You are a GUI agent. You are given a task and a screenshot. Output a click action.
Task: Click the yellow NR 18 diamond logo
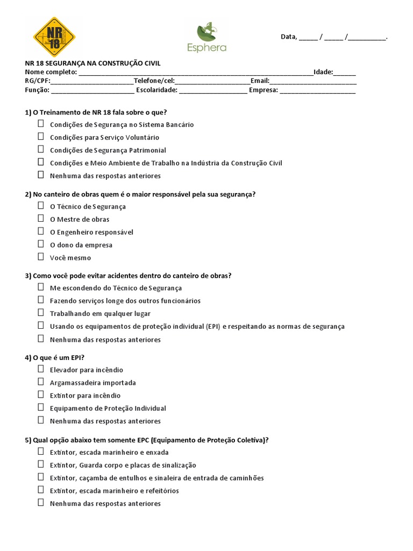coord(54,37)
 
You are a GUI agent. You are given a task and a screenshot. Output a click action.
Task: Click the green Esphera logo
coord(206,38)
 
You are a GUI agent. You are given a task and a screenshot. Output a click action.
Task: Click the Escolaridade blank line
coord(213,90)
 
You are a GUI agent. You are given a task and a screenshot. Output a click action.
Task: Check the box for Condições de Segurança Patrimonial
coord(41,150)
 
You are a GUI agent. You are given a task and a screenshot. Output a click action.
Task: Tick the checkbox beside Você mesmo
coord(41,257)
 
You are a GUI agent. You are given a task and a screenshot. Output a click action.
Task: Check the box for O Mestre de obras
coord(41,218)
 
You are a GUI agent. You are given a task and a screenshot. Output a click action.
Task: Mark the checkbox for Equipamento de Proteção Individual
coord(41,408)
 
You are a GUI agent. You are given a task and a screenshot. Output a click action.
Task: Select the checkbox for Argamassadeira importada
coord(41,382)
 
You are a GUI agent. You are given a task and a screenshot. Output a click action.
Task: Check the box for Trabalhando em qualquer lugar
coord(41,313)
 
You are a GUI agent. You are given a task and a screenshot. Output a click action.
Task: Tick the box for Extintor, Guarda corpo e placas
coord(41,464)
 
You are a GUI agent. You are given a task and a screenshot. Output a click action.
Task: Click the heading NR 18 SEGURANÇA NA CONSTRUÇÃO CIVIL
coord(92,63)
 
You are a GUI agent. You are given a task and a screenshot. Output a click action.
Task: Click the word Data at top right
coord(288,37)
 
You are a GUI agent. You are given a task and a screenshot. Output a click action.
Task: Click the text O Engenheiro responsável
coord(91,232)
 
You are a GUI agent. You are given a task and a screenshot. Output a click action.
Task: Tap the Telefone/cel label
coord(154,81)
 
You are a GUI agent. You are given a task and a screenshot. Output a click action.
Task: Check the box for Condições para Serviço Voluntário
coord(41,137)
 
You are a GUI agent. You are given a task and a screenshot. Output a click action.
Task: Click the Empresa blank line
coord(317,90)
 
